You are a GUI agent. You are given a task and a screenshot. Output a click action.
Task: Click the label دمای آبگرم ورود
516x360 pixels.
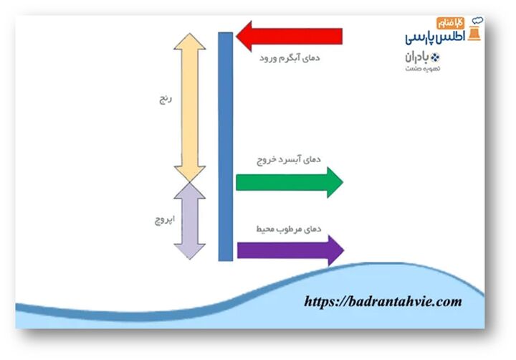(x=290, y=57)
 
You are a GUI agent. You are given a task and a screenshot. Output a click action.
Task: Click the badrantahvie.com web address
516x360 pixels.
(x=383, y=302)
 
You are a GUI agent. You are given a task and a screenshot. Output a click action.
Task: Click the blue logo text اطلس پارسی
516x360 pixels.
(x=435, y=37)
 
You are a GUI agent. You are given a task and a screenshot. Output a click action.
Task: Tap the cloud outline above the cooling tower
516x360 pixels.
(x=477, y=21)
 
